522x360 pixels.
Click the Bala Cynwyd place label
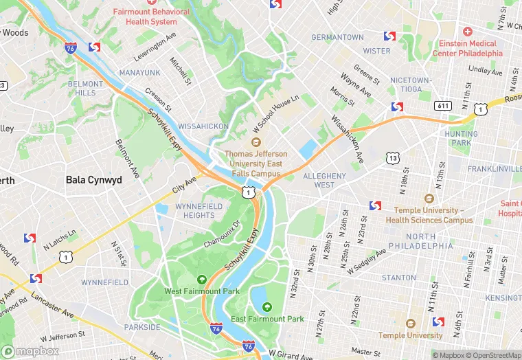pyautogui.click(x=93, y=180)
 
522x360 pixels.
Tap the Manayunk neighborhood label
pyautogui.click(x=139, y=72)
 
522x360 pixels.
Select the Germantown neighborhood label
pyautogui.click(x=337, y=37)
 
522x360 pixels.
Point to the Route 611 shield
pyautogui.click(x=443, y=105)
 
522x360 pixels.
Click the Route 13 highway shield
pyautogui.click(x=392, y=159)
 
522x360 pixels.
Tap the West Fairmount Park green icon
pyautogui.click(x=202, y=279)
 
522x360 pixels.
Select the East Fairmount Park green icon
pyautogui.click(x=267, y=306)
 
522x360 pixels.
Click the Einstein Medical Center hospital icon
pyautogui.click(x=468, y=32)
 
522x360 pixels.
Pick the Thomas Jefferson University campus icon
pyautogui.click(x=256, y=142)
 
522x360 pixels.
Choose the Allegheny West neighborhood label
pyautogui.click(x=324, y=180)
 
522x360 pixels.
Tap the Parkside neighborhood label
pyautogui.click(x=141, y=327)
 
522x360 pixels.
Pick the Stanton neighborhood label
pyautogui.click(x=398, y=278)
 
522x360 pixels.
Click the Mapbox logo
pyautogui.click(x=31, y=351)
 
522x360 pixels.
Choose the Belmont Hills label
pyautogui.click(x=85, y=88)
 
